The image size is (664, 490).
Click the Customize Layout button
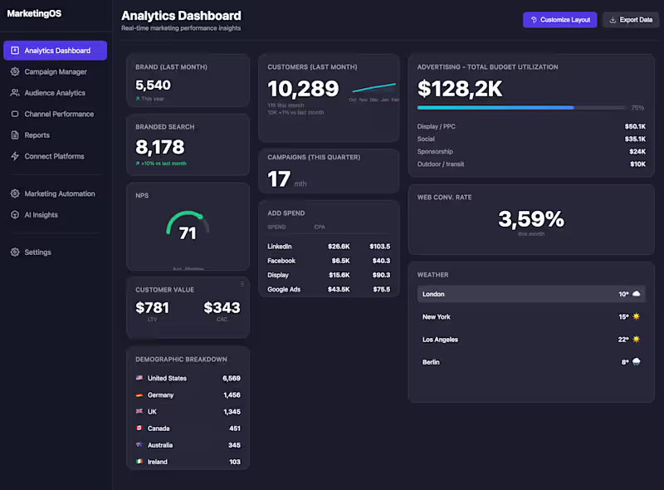pos(559,20)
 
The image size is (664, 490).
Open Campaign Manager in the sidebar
pos(55,72)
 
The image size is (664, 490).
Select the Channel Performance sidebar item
pos(58,114)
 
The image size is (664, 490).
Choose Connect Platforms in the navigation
pos(54,156)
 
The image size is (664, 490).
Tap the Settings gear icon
pos(15,252)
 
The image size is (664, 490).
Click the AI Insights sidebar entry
pos(41,215)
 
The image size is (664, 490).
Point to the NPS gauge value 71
pos(188,233)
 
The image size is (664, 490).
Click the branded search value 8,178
pos(160,147)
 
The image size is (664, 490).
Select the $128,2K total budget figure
pos(460,89)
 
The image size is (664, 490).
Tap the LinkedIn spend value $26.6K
pos(339,247)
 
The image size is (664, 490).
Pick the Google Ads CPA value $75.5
pos(381,290)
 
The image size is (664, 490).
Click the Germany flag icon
pos(139,395)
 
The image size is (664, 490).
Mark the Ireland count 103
pos(235,462)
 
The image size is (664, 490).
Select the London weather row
pos(530,294)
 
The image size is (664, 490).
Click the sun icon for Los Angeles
pos(636,340)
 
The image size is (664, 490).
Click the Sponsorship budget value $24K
pos(637,152)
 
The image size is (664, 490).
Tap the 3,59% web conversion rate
pos(530,219)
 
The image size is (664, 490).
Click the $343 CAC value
pos(222,308)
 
